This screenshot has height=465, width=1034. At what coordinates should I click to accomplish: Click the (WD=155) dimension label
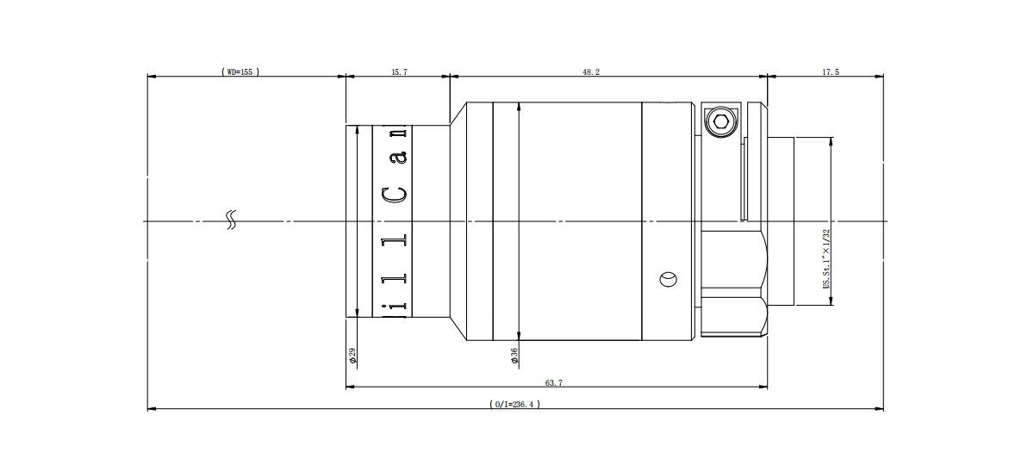click(240, 72)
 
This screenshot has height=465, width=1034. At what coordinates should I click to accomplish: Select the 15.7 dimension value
click(399, 72)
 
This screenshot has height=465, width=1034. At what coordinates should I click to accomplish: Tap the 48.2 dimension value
click(591, 72)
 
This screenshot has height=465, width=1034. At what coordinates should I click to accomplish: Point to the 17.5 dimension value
click(831, 72)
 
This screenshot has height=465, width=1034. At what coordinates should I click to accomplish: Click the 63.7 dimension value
click(554, 383)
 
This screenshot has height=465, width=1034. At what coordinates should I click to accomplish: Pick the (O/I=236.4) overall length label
click(514, 404)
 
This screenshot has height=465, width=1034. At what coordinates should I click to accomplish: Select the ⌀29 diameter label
click(352, 355)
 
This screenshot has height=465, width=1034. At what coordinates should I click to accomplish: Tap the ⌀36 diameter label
click(514, 355)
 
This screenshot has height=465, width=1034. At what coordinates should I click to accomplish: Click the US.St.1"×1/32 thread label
click(826, 259)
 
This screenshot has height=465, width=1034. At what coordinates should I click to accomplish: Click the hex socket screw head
click(721, 122)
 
